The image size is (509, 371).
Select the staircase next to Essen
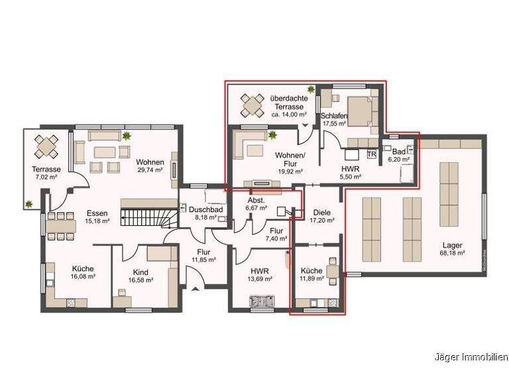[x=146, y=215]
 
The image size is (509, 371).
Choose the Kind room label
[x=141, y=272]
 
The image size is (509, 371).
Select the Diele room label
[x=321, y=213]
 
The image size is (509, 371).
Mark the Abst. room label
[x=255, y=200]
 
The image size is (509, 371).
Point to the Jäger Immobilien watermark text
[x=470, y=356]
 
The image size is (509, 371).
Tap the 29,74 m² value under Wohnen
[x=150, y=170]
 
